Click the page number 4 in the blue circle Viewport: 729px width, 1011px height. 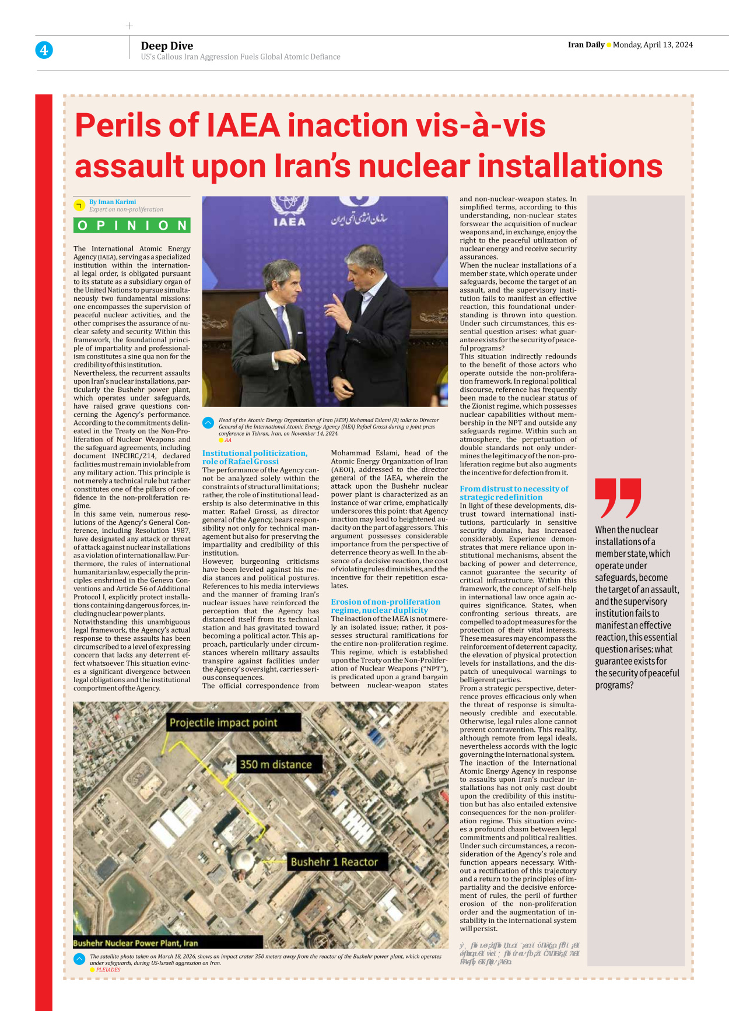[x=44, y=50]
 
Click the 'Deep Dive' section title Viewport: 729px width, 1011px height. [x=167, y=45]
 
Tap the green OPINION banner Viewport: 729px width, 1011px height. [x=132, y=226]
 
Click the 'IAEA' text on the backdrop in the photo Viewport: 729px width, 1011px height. [x=289, y=222]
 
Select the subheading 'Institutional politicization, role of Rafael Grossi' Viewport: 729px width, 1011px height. [x=254, y=457]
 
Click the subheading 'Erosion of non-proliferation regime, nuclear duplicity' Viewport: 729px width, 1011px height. [x=385, y=606]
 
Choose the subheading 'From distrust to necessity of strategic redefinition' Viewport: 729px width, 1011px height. [x=513, y=493]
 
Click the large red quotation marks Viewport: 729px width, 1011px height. [x=617, y=497]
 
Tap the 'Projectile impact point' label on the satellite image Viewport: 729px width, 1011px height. [x=223, y=722]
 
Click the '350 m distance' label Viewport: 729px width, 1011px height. [x=276, y=764]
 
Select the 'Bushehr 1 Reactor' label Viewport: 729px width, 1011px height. [x=334, y=862]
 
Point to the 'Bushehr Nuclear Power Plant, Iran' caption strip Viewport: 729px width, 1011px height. [x=136, y=943]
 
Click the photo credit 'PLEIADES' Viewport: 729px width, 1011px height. [x=108, y=970]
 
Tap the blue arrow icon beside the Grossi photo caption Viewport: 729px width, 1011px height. [x=208, y=423]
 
